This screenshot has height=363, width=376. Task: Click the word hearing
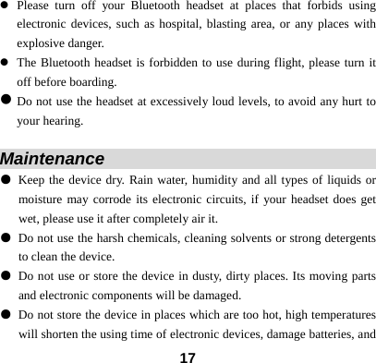pos(62,120)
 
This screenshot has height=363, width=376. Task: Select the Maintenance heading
pos(53,159)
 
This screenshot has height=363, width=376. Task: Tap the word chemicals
pos(140,237)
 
